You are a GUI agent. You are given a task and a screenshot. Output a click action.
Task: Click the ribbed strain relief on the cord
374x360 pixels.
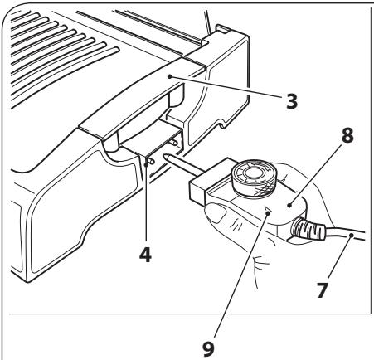tap(300, 228)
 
